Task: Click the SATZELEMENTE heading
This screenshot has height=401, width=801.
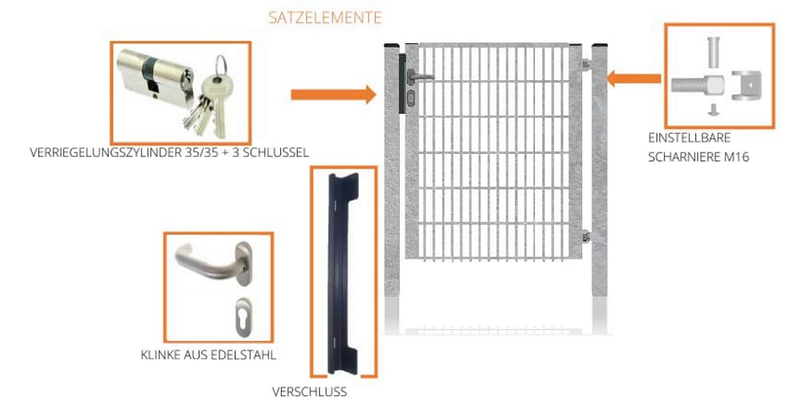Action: (x=324, y=17)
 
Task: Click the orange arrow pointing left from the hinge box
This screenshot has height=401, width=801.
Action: (x=634, y=79)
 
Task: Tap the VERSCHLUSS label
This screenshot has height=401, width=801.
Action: (x=309, y=392)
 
